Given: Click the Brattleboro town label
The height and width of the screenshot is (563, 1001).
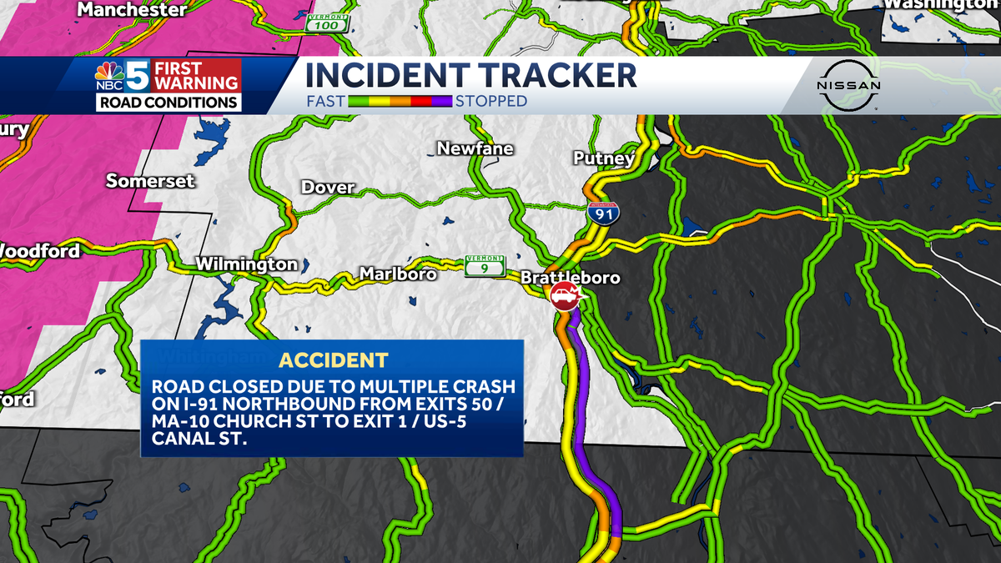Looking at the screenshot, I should [571, 277].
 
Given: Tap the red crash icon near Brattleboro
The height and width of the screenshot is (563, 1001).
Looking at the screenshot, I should [565, 296].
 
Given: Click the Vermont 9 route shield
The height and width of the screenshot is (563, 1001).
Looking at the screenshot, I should [485, 265].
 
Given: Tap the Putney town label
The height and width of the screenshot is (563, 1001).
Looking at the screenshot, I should [604, 158].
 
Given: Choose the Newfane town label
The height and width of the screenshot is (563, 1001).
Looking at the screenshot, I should [475, 148].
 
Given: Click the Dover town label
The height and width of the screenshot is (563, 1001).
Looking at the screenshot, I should [328, 188].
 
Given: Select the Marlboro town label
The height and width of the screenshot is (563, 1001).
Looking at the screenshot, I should [398, 274].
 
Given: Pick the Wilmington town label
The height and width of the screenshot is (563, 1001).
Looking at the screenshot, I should [246, 264].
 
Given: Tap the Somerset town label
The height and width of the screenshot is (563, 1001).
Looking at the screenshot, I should [150, 181].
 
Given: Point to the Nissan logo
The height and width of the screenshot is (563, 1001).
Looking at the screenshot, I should [848, 86].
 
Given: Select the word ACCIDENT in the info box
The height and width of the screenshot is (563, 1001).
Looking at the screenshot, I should [333, 360].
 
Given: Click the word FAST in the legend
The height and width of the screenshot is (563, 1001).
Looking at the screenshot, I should [324, 101].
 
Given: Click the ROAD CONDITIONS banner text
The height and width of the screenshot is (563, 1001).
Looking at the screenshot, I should [169, 103].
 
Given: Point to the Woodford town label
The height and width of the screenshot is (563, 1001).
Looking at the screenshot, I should [40, 250].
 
